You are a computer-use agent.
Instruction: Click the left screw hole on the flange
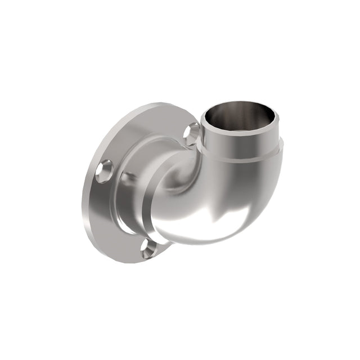105,170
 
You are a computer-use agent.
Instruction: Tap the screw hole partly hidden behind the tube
192,134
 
